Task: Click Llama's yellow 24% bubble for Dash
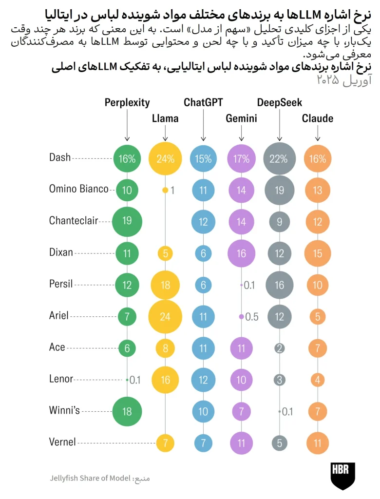pos(165,158)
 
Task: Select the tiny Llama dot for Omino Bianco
pos(165,190)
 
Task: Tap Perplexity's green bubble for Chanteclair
pos(127,221)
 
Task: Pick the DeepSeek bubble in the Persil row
pos(279,284)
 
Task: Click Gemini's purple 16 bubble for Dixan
pos(241,252)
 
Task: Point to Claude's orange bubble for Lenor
pos(318,379)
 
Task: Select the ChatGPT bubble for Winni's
pos(203,411)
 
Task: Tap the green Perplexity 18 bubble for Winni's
pos(127,411)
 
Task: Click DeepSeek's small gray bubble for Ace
pos(279,348)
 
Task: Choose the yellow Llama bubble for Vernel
pos(165,442)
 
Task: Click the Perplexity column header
pos(127,102)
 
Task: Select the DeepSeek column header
pos(279,102)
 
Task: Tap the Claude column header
pos(318,118)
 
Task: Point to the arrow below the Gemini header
pos(241,133)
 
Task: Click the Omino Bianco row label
pos(78,189)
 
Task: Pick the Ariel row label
pos(59,316)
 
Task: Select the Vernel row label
pos(62,442)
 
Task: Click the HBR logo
pos(343,476)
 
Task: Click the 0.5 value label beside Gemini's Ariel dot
pos(252,317)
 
